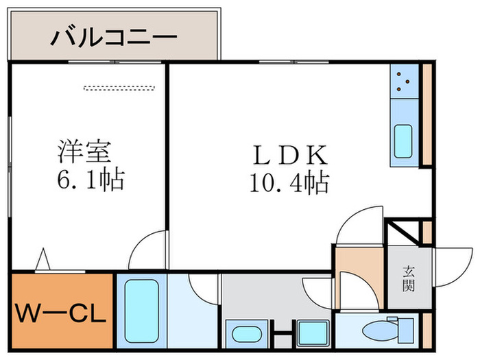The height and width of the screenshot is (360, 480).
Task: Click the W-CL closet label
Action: [x=60, y=315]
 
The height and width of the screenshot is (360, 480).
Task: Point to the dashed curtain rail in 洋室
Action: [x=119, y=88]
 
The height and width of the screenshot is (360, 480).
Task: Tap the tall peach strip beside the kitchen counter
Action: [x=426, y=117]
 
